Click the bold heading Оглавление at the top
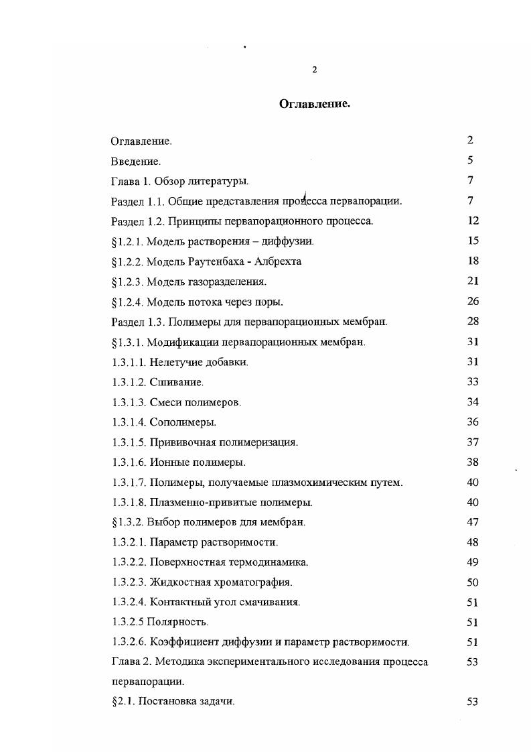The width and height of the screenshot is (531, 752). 314,104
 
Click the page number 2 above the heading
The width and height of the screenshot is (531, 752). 315,70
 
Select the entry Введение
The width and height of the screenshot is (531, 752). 135,161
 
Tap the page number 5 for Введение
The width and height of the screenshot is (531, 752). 470,160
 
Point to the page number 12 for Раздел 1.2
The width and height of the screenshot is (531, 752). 473,221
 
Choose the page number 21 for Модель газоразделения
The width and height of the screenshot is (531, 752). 473,281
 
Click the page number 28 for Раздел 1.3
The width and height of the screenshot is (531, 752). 473,321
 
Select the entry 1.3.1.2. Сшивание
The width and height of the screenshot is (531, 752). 157,382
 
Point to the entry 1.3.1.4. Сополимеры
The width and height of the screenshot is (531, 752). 163,422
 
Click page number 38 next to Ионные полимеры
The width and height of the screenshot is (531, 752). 473,462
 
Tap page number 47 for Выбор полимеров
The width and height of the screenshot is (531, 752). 473,522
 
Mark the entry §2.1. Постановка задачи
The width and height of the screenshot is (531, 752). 172,702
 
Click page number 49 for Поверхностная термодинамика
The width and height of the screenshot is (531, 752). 473,562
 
